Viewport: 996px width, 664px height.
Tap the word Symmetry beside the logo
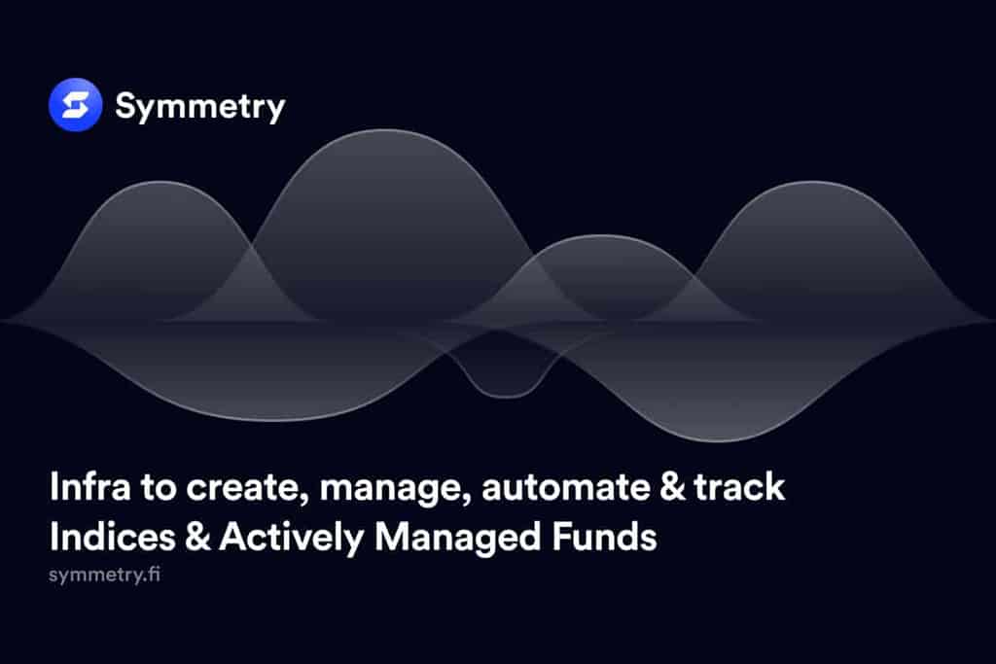(x=199, y=106)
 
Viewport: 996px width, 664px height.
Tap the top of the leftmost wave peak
(x=161, y=185)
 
